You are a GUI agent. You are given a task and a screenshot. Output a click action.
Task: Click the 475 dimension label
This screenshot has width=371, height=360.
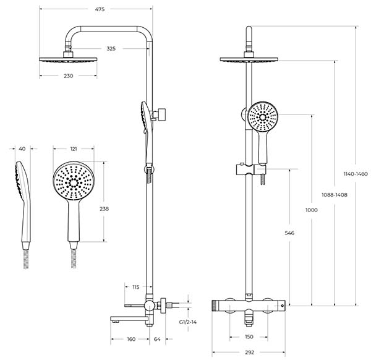click(x=100, y=9)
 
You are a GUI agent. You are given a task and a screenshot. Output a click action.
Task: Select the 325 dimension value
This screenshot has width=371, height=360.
click(x=111, y=48)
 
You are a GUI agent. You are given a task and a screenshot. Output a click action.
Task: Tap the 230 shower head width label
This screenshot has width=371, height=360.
click(x=69, y=76)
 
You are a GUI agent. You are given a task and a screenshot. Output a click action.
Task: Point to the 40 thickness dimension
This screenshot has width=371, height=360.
click(x=22, y=148)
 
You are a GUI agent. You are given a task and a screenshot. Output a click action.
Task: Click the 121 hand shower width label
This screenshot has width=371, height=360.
click(x=74, y=149)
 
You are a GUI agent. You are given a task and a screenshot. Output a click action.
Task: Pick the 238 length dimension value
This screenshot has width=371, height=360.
click(x=104, y=208)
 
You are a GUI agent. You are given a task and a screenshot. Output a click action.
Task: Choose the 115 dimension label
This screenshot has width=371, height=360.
click(x=136, y=287)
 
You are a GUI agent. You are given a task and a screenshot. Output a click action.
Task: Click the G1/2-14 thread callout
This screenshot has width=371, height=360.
click(x=188, y=322)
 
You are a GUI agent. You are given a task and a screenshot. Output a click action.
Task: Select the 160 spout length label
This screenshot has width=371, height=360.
click(x=131, y=339)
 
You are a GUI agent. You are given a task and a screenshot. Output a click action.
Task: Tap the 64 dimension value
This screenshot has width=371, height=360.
click(x=157, y=339)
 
